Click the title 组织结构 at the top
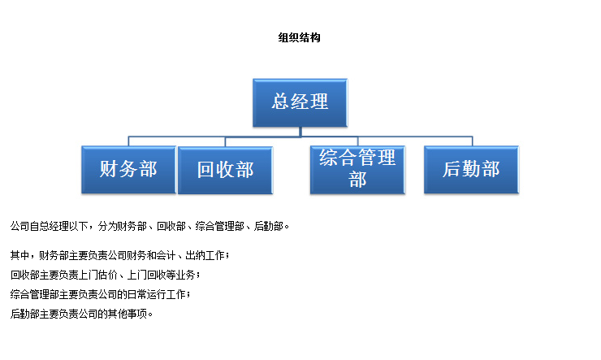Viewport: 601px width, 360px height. click(x=299, y=37)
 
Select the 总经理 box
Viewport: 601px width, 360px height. click(x=300, y=102)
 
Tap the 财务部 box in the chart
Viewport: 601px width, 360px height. click(x=129, y=170)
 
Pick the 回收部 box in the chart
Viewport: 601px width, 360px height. click(x=226, y=170)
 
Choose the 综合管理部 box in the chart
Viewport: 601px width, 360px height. click(x=357, y=170)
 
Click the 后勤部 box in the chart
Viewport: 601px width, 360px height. click(x=471, y=170)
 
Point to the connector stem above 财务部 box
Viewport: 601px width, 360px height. click(x=128, y=141)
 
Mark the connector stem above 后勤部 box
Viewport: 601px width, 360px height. click(x=472, y=141)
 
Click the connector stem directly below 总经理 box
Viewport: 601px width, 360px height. click(x=300, y=132)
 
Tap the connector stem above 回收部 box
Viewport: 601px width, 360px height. click(x=225, y=141)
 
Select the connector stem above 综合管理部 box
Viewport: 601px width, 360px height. click(x=357, y=141)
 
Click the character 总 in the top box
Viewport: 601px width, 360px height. click(x=280, y=102)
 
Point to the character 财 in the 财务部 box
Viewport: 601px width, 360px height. click(x=109, y=169)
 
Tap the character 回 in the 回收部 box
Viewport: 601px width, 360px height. click(x=205, y=170)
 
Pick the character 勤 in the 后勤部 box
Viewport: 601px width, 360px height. click(x=471, y=169)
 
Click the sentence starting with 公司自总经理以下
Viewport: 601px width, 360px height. click(x=149, y=226)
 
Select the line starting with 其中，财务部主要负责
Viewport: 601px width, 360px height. click(x=119, y=255)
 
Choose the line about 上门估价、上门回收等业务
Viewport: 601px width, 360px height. click(x=105, y=275)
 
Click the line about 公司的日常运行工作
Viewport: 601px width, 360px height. click(x=100, y=294)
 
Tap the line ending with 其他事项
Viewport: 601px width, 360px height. click(x=81, y=314)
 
